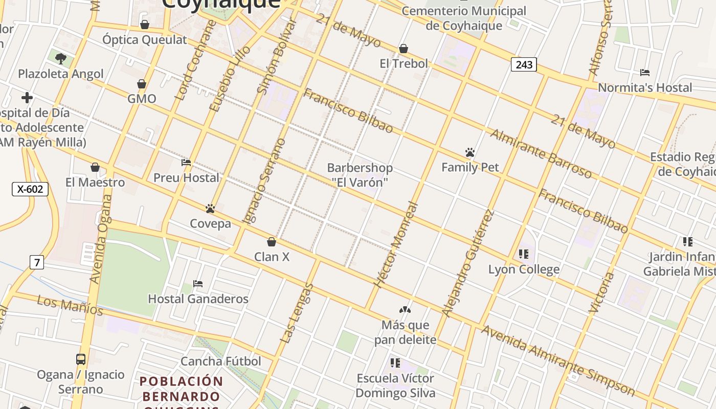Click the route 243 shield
[x=524, y=64]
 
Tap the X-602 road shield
[x=30, y=189]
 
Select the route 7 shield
[x=36, y=263]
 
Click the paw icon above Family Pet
[x=470, y=152]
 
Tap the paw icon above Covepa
[x=210, y=209]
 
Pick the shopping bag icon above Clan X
[x=272, y=242]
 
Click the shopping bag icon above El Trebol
[x=404, y=49]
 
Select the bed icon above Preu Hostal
[x=186, y=163]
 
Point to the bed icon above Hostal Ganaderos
[x=198, y=284]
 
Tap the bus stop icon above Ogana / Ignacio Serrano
[x=81, y=359]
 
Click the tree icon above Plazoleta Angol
[x=61, y=58]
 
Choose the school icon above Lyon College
[x=523, y=254]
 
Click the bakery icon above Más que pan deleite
[x=405, y=310]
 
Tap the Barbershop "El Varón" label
[x=360, y=175]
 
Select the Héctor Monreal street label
[x=396, y=245]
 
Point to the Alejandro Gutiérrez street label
[x=468, y=263]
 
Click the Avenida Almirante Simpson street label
[x=558, y=361]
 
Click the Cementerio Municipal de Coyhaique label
[x=463, y=18]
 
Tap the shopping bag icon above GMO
[x=142, y=84]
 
